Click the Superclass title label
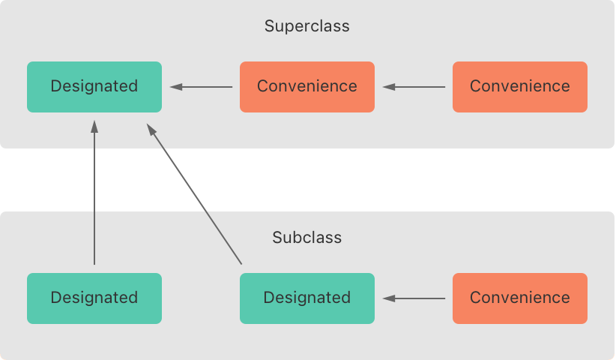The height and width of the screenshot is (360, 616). [x=307, y=26]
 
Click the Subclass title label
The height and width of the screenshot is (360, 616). [x=307, y=238]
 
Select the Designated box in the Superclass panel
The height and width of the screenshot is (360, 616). [x=94, y=86]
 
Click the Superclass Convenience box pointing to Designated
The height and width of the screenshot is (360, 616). [x=307, y=86]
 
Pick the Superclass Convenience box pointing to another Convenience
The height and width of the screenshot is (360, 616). [x=520, y=86]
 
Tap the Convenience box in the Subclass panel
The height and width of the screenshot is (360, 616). [x=520, y=298]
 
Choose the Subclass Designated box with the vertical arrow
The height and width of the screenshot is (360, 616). [x=94, y=298]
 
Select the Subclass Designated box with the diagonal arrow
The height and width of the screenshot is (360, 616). [x=307, y=298]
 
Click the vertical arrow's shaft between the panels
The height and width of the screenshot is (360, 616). [x=94, y=180]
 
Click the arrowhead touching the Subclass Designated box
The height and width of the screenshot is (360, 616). [x=388, y=298]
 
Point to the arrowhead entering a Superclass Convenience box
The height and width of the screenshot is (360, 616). [x=388, y=87]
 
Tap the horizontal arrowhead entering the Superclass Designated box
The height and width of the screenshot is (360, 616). [x=175, y=87]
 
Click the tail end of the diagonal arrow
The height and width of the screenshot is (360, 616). [x=241, y=262]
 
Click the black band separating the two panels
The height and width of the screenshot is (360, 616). [x=307, y=180]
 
